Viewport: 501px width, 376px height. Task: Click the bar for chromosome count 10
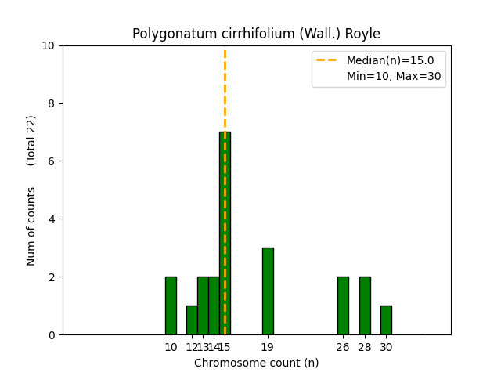[x=171, y=305]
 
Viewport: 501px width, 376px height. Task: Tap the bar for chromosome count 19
[x=268, y=291]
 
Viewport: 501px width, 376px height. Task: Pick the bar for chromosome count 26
[x=343, y=305]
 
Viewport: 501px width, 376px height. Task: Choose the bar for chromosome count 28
[x=365, y=305]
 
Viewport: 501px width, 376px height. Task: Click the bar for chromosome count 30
[x=386, y=320]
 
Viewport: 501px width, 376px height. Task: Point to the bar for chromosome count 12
[x=192, y=320]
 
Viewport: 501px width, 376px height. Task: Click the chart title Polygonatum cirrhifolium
[x=256, y=34]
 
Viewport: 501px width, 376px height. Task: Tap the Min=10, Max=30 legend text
[x=394, y=76]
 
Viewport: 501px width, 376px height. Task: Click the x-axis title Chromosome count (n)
[x=256, y=363]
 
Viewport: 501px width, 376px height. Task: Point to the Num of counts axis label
[x=31, y=226]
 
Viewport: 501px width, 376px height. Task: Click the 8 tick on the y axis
[x=51, y=103]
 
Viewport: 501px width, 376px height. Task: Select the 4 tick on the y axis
[x=51, y=219]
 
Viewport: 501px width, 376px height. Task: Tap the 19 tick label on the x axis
[x=268, y=347]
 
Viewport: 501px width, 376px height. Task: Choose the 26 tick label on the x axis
[x=343, y=347]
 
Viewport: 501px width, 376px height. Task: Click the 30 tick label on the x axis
[x=386, y=347]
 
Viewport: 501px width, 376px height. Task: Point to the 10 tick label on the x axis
[x=171, y=347]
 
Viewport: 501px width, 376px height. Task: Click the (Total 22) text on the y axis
[x=31, y=140]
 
